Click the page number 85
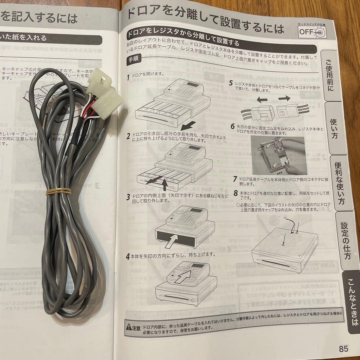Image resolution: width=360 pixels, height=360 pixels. click(343, 349)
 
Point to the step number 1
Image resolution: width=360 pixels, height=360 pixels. click(128, 77)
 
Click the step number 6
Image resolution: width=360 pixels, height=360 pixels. click(232, 127)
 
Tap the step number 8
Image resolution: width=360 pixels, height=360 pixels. click(235, 193)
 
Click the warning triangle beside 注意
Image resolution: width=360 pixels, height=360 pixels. click(129, 327)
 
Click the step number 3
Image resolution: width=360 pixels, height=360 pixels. click(128, 197)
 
